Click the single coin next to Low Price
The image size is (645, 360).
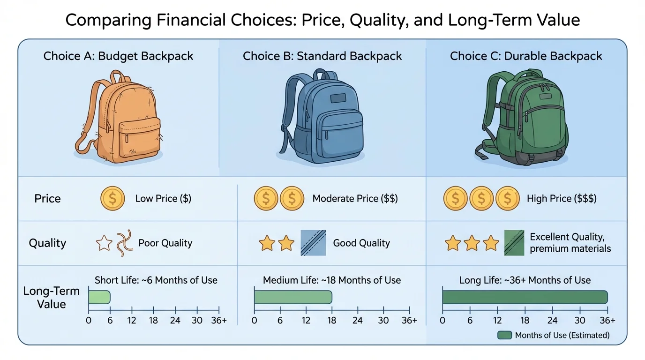click(x=112, y=198)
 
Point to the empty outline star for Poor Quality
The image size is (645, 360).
click(x=104, y=243)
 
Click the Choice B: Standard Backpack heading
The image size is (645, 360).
click(x=322, y=56)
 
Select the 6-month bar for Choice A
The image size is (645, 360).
click(x=99, y=297)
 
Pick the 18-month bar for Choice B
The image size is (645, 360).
click(x=293, y=297)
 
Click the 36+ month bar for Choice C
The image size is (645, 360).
click(x=525, y=297)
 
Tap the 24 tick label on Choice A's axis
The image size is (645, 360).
click(x=175, y=321)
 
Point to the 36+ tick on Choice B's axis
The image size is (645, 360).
click(x=409, y=321)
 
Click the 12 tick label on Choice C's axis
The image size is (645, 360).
click(x=497, y=321)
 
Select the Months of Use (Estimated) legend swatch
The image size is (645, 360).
click(x=504, y=335)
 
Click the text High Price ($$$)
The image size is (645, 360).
click(x=562, y=199)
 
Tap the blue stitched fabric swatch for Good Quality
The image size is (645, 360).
click(x=313, y=243)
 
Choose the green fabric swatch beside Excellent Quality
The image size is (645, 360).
click(x=514, y=243)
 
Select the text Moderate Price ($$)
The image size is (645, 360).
click(x=355, y=199)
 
